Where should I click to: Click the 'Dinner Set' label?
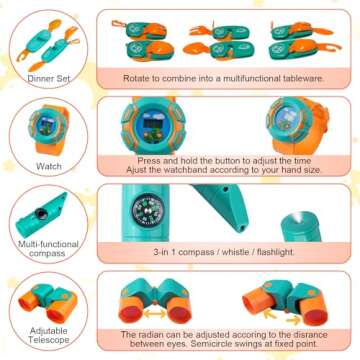coord(49,79)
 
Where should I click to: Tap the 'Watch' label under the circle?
coord(49,166)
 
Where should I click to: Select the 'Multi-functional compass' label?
coord(48,249)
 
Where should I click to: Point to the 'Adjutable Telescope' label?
coord(49,335)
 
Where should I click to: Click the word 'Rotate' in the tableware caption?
coord(135,79)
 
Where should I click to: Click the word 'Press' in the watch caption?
coord(148,161)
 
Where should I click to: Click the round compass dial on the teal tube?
coord(145,210)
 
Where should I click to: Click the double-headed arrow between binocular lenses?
coord(154,313)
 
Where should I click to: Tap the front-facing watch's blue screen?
coord(153,125)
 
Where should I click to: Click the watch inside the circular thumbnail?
coord(49,129)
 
